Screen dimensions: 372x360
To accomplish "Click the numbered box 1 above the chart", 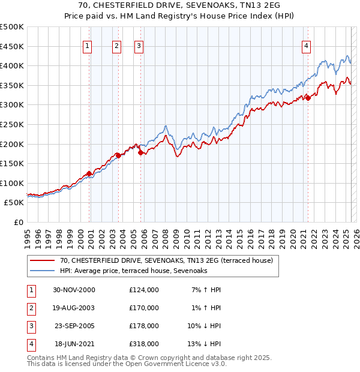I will pos(88,46).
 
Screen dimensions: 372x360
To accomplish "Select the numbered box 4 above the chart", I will pos(306,46).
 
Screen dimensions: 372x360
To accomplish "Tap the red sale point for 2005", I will pos(141,153).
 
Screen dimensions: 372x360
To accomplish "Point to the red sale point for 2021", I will pos(308,98).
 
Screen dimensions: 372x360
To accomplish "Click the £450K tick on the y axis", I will pos(13,46).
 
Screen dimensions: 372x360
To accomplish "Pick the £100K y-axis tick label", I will pos(13,183).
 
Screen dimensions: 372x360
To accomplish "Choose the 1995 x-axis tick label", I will pos(28,234).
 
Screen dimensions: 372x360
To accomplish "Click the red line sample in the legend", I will pos(42,261).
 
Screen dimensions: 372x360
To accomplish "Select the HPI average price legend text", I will pos(133,271).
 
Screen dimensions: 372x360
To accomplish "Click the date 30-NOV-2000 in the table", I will pos(74,290).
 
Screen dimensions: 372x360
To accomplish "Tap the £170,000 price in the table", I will pos(143,308).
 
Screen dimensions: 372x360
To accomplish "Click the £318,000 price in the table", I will pos(143,344).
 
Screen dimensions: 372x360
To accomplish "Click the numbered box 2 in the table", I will pos(31,308).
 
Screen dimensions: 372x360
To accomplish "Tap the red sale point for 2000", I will pos(89,174).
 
